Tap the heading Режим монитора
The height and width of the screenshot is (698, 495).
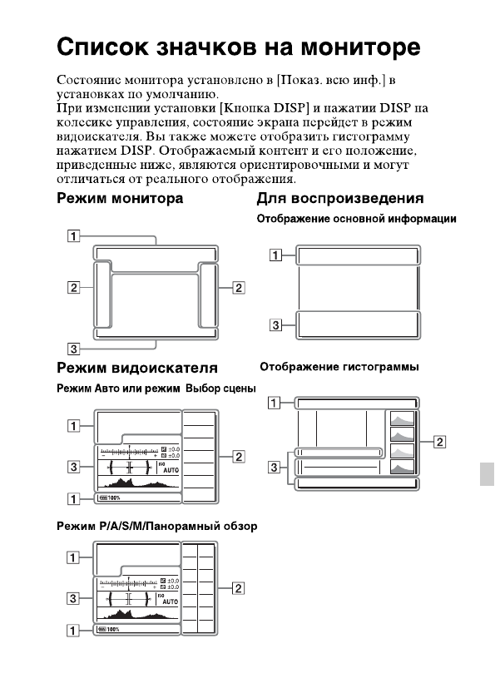120,200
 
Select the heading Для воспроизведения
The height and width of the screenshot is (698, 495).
340,200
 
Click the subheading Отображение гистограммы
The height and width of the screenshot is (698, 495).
339,367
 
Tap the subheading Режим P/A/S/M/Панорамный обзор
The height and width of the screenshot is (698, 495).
156,526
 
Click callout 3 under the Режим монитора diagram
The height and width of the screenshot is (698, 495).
75,348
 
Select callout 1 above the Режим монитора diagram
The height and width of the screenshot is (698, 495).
75,235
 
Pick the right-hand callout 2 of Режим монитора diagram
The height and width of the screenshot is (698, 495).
239,288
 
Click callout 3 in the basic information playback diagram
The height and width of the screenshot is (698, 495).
275,324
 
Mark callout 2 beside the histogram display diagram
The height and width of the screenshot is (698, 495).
440,441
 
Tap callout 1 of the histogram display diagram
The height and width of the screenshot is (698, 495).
274,403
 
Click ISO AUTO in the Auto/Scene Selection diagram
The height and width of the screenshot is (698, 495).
170,468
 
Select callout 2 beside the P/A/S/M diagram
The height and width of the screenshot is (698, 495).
239,589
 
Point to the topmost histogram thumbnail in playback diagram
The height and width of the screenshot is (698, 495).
403,419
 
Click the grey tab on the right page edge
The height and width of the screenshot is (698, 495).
488,477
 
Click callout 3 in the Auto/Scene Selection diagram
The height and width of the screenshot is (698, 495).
75,468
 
